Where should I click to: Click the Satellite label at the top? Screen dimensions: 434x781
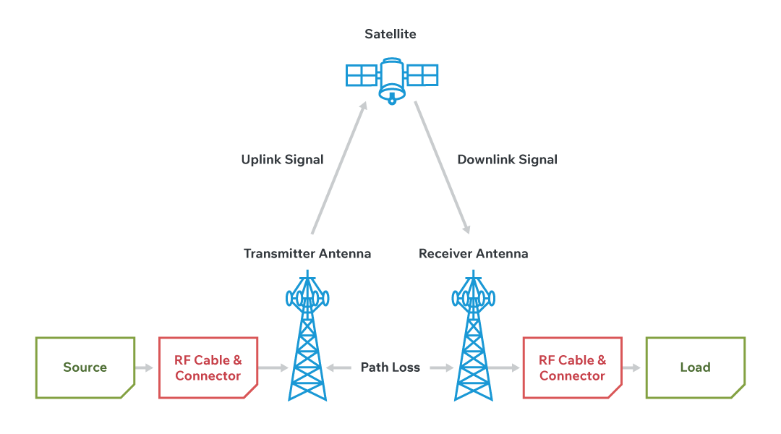[390, 34]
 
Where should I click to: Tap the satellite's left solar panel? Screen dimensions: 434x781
[361, 75]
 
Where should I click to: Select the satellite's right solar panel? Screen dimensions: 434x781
[422, 75]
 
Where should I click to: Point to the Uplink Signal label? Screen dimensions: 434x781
[282, 159]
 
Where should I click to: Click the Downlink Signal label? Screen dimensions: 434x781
[507, 159]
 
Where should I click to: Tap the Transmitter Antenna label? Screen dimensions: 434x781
[307, 254]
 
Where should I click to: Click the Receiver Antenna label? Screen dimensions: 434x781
[474, 254]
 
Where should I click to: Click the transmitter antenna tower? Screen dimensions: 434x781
[308, 340]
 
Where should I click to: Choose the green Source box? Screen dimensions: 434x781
[85, 367]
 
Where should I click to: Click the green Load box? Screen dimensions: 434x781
[695, 367]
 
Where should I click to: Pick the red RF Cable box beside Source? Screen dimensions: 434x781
[208, 367]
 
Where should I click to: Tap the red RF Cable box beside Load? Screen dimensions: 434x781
[572, 367]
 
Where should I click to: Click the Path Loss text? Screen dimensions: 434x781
[390, 367]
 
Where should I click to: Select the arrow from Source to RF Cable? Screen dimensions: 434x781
[145, 367]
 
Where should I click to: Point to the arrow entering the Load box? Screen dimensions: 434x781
[632, 367]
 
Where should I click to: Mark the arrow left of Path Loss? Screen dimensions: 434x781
[338, 367]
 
